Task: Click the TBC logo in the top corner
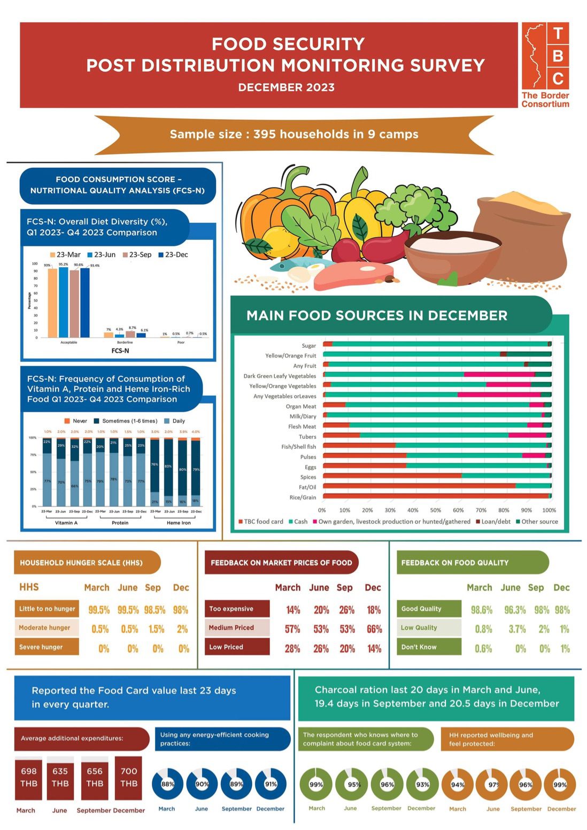[x=545, y=64]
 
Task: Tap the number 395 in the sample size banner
[x=264, y=134]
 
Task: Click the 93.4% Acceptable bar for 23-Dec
[x=85, y=302]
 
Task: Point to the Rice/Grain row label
[x=303, y=497]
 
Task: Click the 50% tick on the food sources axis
[x=436, y=510]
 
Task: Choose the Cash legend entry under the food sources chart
[x=298, y=522]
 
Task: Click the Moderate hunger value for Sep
[x=156, y=629]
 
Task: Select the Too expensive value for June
[x=321, y=610]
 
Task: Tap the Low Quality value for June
[x=517, y=629]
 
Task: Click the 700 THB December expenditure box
[x=128, y=778]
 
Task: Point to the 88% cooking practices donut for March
[x=167, y=784]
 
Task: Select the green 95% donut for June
[x=351, y=784]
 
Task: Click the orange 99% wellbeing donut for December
[x=560, y=785]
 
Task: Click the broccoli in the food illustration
[x=414, y=203]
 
